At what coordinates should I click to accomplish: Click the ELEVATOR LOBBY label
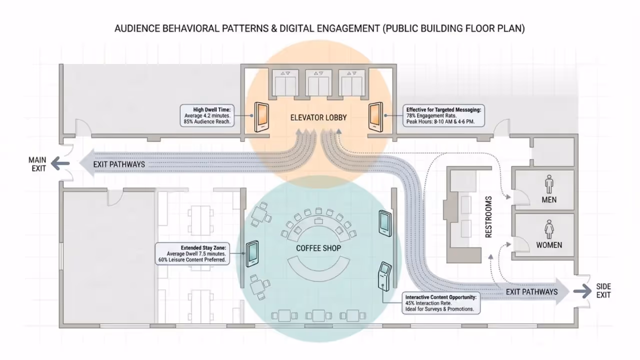point(318,118)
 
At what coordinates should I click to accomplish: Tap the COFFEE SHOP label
point(318,248)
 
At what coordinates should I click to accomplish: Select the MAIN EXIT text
point(37,164)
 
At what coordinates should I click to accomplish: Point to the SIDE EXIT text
point(603,291)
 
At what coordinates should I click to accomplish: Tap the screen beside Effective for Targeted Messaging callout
point(375,117)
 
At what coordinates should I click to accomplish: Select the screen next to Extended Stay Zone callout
point(252,254)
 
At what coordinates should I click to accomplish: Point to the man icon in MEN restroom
point(549,183)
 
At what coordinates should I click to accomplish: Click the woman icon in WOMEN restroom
point(549,229)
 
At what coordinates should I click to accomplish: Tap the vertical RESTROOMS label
point(488,216)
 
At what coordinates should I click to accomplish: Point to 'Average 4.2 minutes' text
point(209,115)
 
